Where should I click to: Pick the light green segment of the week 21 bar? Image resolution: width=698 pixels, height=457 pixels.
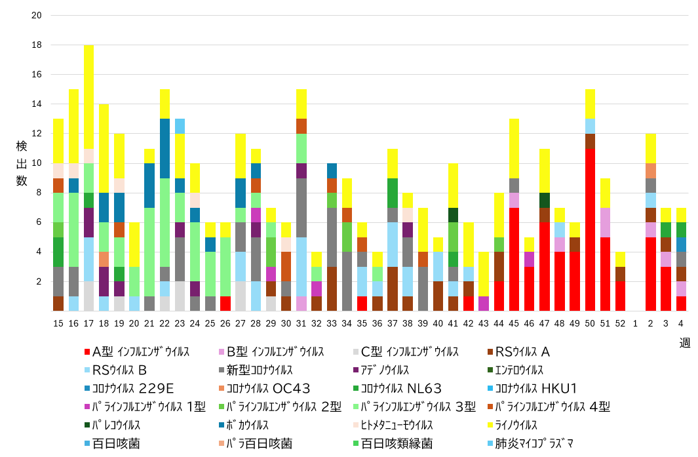[x=149, y=252]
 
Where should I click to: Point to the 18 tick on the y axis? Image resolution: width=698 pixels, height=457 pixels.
[x=37, y=45]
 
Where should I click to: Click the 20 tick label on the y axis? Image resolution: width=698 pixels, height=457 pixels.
[x=37, y=15]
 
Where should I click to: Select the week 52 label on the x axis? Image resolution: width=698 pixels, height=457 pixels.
[x=620, y=323]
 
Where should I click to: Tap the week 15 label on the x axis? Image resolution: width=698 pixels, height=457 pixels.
[x=58, y=323]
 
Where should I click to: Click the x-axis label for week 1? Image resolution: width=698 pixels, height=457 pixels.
[x=635, y=323]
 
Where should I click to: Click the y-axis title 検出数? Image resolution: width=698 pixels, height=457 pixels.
[x=22, y=163]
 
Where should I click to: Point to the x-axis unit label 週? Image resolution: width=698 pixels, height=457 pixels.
[x=684, y=342]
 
